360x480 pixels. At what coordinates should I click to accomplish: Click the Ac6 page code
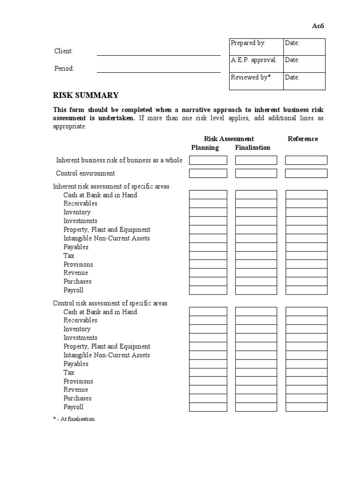click(x=318, y=26)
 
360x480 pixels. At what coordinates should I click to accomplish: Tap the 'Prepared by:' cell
click(x=256, y=47)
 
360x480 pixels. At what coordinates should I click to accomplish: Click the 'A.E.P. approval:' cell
click(x=256, y=64)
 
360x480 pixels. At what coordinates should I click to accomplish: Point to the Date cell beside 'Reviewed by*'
click(x=304, y=81)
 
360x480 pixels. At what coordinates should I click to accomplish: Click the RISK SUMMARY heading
click(x=85, y=96)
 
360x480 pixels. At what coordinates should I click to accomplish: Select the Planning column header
click(x=205, y=148)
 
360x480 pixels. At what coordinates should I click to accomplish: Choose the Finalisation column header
click(x=253, y=148)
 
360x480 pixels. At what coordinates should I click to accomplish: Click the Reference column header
click(x=302, y=139)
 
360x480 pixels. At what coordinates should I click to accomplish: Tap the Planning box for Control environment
click(x=208, y=173)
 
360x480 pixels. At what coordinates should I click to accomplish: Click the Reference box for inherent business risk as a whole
click(x=306, y=160)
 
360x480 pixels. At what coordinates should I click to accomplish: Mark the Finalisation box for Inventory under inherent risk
click(x=256, y=212)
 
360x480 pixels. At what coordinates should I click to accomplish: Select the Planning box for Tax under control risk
click(x=208, y=373)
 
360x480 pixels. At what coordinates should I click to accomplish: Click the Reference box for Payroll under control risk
click(x=306, y=407)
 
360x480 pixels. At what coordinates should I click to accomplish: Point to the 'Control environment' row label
click(x=85, y=173)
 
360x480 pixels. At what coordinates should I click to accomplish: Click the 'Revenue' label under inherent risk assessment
click(x=75, y=273)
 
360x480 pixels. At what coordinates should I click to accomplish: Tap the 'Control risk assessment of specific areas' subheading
click(x=110, y=303)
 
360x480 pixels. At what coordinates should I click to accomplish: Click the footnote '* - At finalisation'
click(x=74, y=419)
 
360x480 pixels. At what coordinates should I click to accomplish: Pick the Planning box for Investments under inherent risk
click(x=208, y=221)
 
